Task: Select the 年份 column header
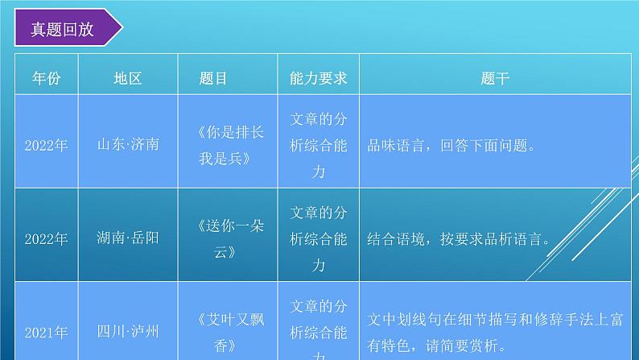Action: pos(46,78)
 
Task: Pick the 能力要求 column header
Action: pos(318,78)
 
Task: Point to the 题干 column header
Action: pos(494,78)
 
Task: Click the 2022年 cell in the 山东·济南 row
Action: pos(46,146)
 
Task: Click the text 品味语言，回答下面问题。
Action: pos(451,147)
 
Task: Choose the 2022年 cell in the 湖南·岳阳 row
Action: pos(46,239)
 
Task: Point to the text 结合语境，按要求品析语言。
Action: pos(459,239)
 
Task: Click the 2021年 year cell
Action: pos(46,331)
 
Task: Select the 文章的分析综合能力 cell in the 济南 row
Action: pos(318,146)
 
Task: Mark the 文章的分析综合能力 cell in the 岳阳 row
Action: pos(318,239)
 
